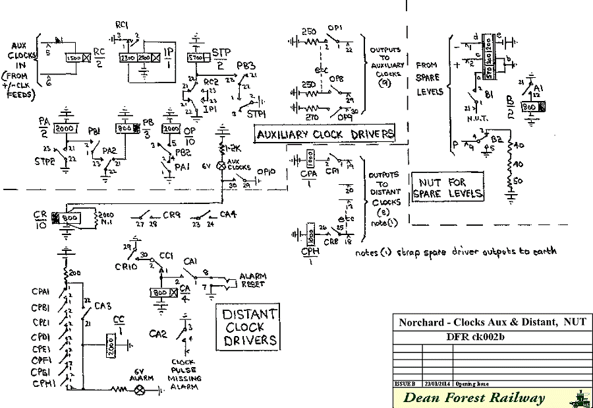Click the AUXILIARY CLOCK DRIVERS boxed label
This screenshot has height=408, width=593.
click(325, 135)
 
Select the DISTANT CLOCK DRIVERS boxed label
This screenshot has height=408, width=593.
click(250, 328)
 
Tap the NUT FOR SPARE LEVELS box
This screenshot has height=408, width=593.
click(447, 187)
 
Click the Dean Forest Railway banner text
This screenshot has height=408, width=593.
click(474, 397)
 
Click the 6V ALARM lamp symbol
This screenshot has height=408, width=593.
click(139, 390)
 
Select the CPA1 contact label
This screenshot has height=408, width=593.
click(42, 290)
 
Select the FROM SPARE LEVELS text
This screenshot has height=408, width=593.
click(430, 79)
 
